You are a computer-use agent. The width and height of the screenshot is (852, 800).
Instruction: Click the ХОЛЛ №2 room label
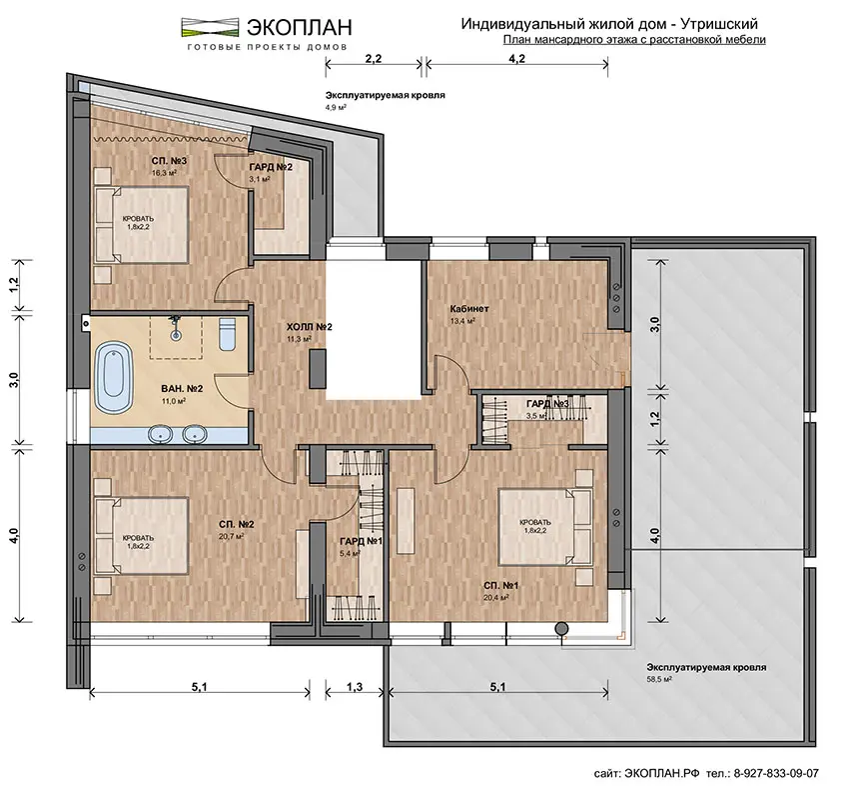click(310, 327)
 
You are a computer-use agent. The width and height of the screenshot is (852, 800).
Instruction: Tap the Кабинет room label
click(469, 309)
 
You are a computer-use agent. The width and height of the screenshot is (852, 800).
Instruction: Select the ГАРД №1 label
click(362, 542)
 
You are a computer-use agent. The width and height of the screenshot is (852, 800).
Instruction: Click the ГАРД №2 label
click(271, 168)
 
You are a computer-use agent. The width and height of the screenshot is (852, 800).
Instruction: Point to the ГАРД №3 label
click(547, 404)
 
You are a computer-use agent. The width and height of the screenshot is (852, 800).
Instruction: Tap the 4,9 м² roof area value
click(336, 108)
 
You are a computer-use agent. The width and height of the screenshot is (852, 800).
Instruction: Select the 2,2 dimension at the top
click(374, 59)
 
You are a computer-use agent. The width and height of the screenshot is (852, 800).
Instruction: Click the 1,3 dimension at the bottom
click(355, 687)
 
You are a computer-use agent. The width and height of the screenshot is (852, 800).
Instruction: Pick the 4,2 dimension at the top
click(516, 59)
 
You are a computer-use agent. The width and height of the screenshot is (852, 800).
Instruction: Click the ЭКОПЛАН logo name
click(300, 27)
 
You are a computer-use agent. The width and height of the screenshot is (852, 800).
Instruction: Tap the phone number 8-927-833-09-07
click(776, 773)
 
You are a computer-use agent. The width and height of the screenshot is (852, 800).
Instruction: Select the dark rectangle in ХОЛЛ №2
click(318, 368)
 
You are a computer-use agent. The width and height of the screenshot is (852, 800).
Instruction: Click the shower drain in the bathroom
click(175, 336)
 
